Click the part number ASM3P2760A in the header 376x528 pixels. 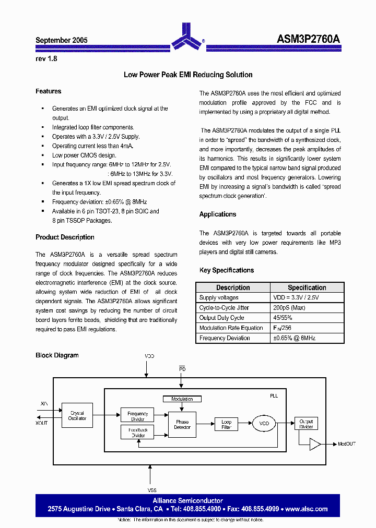click(308, 40)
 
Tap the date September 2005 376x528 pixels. click(62, 40)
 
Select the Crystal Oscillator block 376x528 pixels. click(77, 416)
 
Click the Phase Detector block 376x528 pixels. click(182, 424)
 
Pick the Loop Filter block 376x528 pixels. click(226, 424)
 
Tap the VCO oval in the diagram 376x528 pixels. click(264, 423)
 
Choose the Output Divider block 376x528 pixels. click(306, 424)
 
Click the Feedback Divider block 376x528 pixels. click(137, 433)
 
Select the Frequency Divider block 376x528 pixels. click(137, 416)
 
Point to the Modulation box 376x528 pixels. click(182, 399)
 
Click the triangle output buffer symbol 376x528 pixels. click(315, 444)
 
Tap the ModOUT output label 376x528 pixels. click(346, 444)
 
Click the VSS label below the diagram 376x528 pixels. click(151, 490)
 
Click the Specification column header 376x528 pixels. click(307, 287)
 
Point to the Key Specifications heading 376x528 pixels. click(227, 270)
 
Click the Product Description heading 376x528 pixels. click(65, 237)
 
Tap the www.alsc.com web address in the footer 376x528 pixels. click(307, 509)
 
